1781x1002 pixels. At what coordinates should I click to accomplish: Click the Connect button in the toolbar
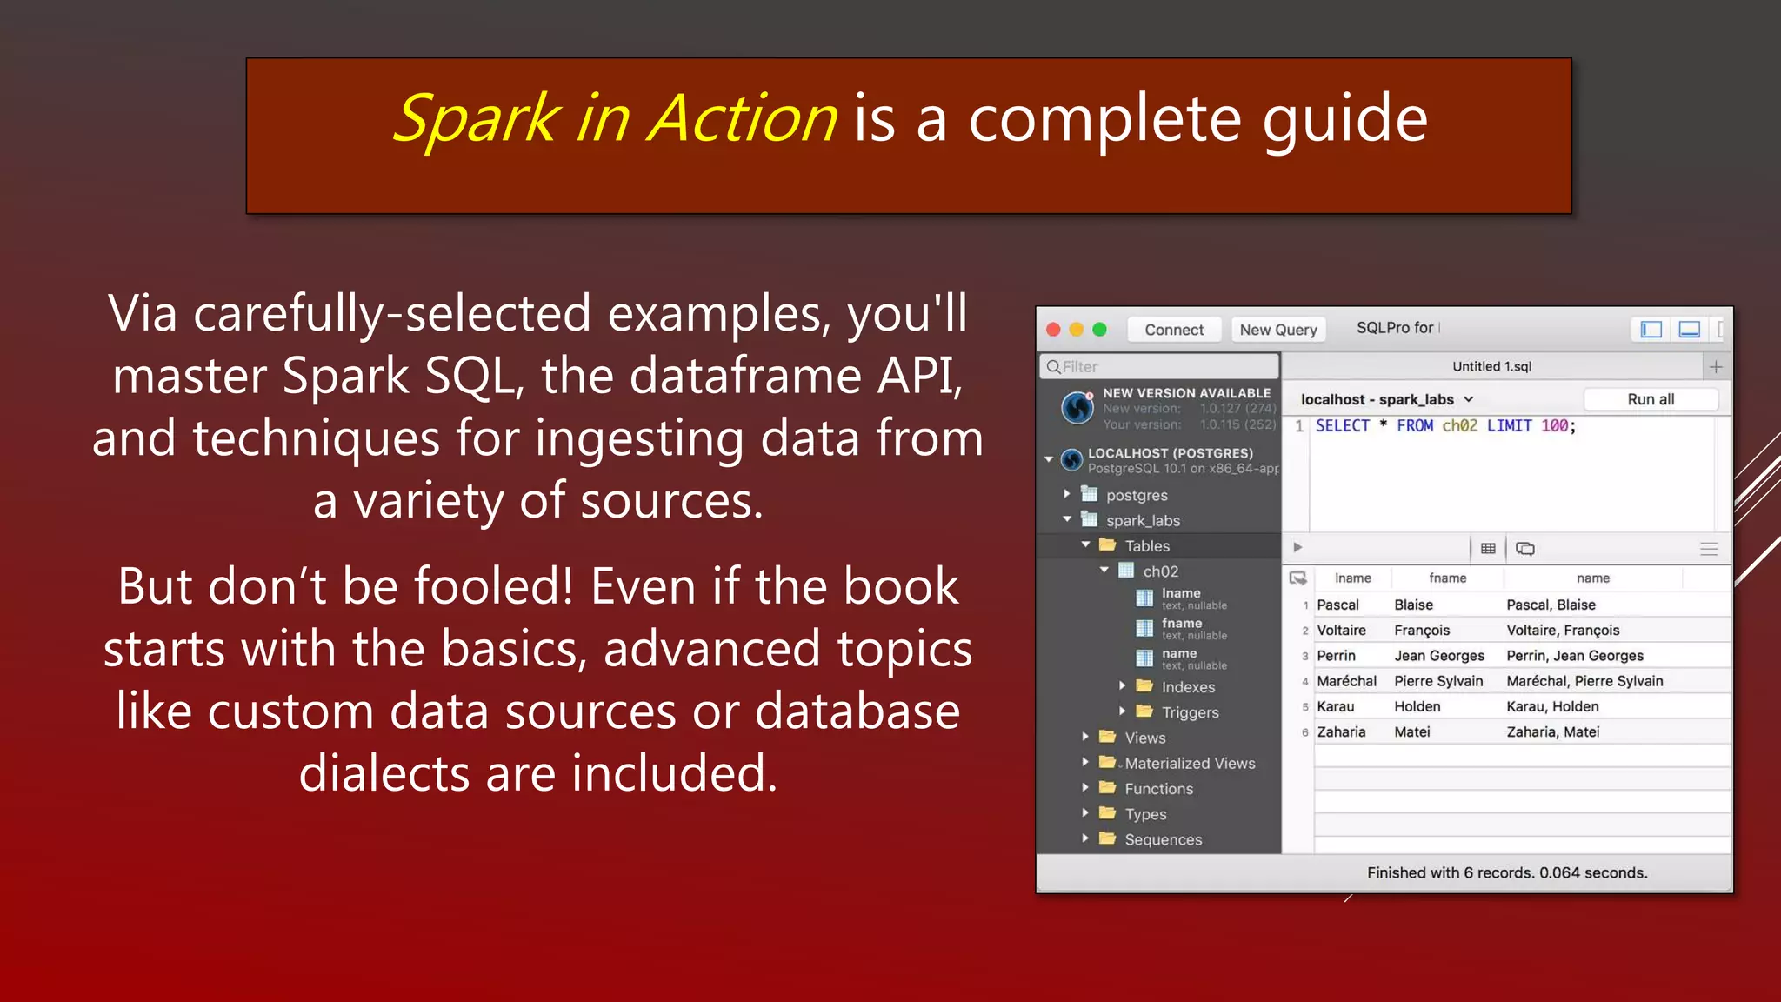point(1173,330)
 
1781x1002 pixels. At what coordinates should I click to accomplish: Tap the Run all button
point(1650,399)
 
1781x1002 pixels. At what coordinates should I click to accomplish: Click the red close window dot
point(1053,330)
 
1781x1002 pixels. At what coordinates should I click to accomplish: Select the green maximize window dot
point(1099,330)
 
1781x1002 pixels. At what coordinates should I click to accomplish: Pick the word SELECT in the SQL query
point(1342,425)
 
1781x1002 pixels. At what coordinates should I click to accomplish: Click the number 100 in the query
point(1554,425)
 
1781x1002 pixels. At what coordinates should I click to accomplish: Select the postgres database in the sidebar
point(1136,495)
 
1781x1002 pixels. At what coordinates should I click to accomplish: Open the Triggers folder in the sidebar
point(1189,712)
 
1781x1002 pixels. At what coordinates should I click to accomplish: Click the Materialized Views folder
point(1189,763)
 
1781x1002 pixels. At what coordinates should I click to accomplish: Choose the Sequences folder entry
point(1163,839)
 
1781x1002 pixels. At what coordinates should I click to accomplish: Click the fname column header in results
point(1447,578)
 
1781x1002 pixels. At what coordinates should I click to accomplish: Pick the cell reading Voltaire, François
point(1563,630)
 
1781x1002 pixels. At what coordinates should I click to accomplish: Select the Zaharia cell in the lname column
point(1341,731)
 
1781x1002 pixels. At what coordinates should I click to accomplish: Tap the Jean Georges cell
point(1438,656)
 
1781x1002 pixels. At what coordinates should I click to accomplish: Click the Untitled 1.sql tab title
point(1491,366)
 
